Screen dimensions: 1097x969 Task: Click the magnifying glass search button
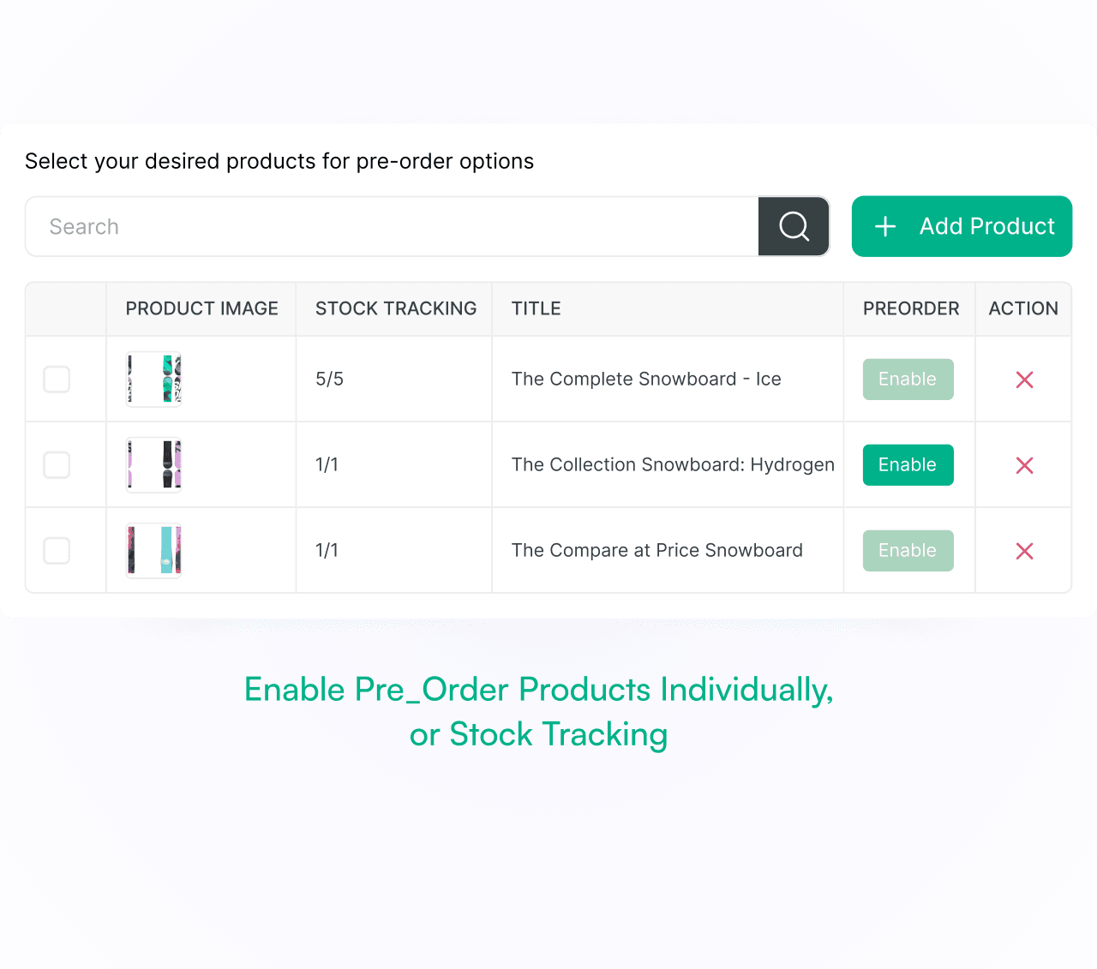794,226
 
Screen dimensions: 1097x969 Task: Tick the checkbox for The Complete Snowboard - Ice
57,379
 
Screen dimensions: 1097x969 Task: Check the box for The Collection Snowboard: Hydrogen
57,464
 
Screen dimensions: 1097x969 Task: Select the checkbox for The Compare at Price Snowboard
57,550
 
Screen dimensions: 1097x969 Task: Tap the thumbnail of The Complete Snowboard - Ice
153,379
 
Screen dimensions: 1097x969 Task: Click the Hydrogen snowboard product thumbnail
153,464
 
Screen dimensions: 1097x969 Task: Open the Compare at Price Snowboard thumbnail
153,550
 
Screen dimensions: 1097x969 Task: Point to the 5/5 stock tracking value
329,379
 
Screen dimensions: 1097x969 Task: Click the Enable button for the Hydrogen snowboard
908,464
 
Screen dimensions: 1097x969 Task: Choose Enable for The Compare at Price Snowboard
908,550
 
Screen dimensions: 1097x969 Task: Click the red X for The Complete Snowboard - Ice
1024,380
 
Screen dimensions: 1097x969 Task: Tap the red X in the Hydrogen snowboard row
1024,465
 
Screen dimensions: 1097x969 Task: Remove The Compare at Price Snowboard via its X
1024,551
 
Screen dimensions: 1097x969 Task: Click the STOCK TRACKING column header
396,308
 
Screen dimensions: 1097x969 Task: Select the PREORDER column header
911,308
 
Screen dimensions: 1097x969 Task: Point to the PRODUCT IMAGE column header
202,308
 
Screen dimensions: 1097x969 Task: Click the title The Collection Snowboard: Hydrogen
673,464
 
